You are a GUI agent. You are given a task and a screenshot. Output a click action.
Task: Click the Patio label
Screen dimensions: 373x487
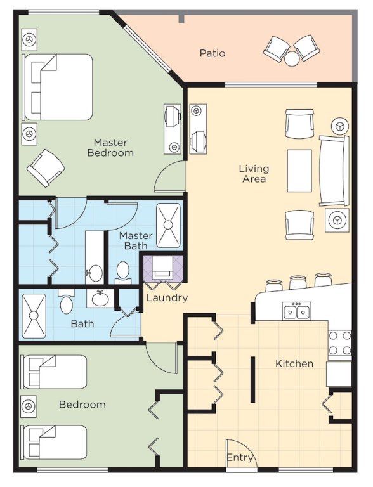pos(213,53)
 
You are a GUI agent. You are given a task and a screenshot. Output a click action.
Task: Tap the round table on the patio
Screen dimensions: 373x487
pos(292,59)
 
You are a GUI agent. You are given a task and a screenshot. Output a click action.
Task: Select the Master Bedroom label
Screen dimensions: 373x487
pos(110,148)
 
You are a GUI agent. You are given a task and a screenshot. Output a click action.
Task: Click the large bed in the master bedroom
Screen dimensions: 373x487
pos(58,88)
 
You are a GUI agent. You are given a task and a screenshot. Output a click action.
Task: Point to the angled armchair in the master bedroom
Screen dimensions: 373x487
pos(46,168)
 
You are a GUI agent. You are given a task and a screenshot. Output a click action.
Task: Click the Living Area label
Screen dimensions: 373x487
pos(254,174)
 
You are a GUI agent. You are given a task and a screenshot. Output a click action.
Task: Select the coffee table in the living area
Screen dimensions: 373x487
pos(299,171)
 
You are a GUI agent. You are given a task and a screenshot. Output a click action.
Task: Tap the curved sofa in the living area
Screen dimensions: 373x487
pos(334,171)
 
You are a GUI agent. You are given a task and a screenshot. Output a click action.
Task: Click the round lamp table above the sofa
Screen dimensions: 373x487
pos(341,126)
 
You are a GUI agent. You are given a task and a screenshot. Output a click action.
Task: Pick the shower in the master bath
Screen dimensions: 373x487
pos(168,225)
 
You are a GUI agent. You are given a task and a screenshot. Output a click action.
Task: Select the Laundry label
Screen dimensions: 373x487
pos(167,297)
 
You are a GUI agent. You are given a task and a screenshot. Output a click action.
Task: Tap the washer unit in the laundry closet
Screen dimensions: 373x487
pos(162,268)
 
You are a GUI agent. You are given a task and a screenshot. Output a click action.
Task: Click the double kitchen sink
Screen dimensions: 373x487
pos(296,311)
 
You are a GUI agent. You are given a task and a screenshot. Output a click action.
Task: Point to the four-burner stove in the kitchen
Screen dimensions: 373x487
pos(340,343)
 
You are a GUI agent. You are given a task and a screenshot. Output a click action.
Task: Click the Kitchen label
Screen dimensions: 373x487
pos(294,363)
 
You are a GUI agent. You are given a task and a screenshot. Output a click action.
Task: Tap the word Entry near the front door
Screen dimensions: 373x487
pos(240,458)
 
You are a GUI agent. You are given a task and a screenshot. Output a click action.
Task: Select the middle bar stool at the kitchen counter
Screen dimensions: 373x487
pos(298,282)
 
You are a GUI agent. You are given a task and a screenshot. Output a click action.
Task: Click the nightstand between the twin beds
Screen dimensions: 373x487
pos(29,406)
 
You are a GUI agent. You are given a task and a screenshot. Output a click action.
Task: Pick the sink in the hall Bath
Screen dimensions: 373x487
pos(98,299)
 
